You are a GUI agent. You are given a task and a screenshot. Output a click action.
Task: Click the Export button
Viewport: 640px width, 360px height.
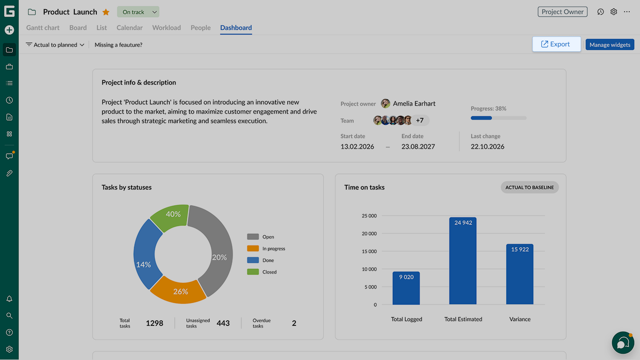tap(556, 44)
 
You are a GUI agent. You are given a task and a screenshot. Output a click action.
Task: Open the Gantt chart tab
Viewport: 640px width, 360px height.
tap(43, 28)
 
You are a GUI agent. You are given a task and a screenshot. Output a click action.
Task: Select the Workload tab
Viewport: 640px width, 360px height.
tap(167, 28)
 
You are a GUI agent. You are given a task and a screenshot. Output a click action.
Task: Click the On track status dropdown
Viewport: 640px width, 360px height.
tap(138, 12)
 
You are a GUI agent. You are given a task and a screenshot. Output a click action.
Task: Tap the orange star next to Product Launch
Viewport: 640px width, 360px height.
tap(106, 12)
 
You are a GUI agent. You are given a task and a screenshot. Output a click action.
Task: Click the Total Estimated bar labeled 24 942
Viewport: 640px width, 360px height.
tap(463, 261)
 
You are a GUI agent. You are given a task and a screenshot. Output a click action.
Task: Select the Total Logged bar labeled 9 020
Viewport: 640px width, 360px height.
tap(406, 288)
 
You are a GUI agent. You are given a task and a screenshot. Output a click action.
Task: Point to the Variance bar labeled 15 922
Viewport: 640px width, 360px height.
tap(520, 274)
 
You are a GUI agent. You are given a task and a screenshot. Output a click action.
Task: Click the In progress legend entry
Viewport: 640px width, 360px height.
tap(266, 249)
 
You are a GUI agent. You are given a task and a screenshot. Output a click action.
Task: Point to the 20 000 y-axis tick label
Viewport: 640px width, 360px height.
tap(369, 233)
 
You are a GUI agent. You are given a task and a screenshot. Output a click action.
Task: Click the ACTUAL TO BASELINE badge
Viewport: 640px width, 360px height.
tap(530, 187)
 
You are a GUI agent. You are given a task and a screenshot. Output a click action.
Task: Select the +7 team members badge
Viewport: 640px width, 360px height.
tap(420, 121)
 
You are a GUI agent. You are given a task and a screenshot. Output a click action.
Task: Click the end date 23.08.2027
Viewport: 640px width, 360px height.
tap(418, 147)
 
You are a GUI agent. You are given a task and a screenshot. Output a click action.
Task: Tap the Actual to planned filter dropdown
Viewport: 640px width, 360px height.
tap(55, 45)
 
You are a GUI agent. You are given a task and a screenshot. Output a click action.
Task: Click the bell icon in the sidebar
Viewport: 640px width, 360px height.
tap(9, 299)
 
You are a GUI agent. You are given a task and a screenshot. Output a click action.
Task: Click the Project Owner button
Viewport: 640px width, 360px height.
tap(562, 12)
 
